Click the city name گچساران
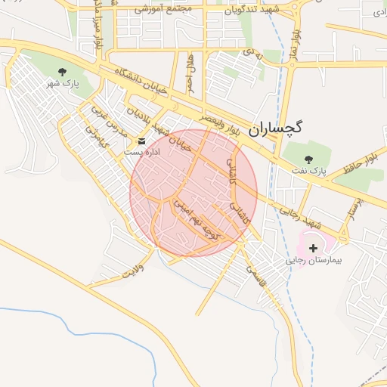tap(274, 128)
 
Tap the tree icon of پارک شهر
tap(63, 72)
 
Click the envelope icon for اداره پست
tap(142, 141)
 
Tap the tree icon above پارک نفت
tap(308, 159)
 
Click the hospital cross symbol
tap(314, 248)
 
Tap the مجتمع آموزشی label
tap(165, 9)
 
